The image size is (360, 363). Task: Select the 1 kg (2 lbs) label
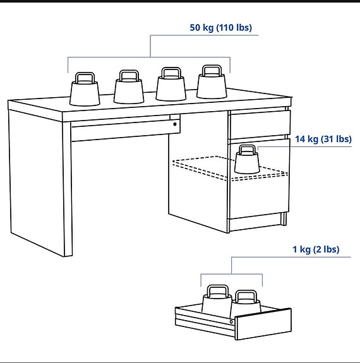click(x=315, y=249)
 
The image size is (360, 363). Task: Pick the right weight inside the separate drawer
click(x=246, y=302)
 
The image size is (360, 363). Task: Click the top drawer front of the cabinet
click(x=258, y=127)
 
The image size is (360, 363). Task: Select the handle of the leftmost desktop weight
click(x=85, y=78)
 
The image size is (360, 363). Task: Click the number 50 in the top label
click(x=195, y=28)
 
